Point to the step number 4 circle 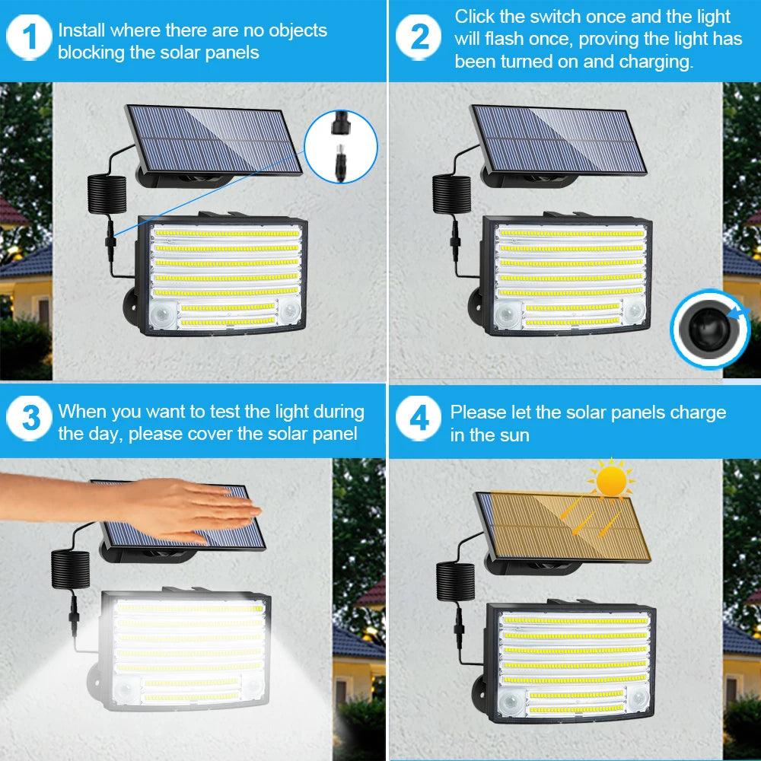coord(419,418)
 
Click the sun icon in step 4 coord(611,481)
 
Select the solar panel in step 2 coord(559,139)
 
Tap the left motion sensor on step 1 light coord(163,317)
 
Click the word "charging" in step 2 coord(655,62)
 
